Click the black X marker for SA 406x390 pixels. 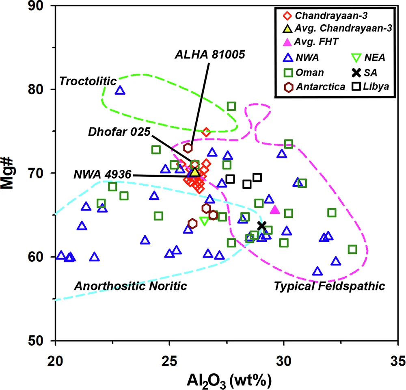(x=262, y=226)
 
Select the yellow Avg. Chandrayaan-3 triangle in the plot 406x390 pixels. (x=195, y=172)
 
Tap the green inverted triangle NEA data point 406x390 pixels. (x=204, y=221)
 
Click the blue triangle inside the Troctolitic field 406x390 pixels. (x=120, y=91)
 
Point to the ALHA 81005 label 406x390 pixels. (x=210, y=54)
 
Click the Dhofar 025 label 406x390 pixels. (x=119, y=132)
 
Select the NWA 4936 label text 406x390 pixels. (x=103, y=174)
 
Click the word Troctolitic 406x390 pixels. (x=88, y=81)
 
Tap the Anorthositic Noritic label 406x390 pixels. (x=130, y=286)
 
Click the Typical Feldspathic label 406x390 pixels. (x=329, y=286)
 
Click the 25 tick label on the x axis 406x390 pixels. (x=169, y=361)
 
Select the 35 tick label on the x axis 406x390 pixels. (x=398, y=361)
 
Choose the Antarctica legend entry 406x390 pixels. (x=315, y=87)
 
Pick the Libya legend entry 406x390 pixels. (x=371, y=86)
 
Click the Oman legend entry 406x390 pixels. (x=304, y=73)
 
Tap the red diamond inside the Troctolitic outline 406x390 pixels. (x=206, y=132)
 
